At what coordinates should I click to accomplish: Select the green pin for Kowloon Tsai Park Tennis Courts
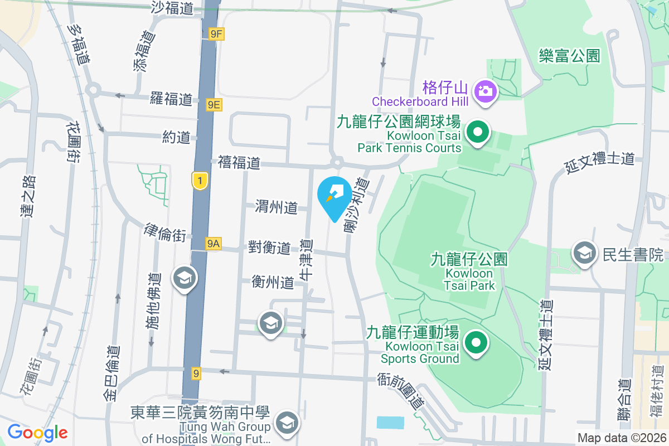click(x=477, y=133)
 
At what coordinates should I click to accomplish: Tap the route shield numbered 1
click(x=200, y=180)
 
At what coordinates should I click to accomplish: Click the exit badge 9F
click(x=216, y=35)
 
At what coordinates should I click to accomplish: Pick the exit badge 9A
click(x=213, y=244)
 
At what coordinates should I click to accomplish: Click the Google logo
click(x=37, y=433)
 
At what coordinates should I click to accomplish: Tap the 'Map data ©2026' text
click(x=621, y=438)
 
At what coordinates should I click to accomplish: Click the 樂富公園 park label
click(x=569, y=56)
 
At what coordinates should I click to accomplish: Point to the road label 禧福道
click(x=239, y=163)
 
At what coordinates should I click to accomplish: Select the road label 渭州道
click(x=276, y=207)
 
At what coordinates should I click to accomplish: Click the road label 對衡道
click(x=269, y=248)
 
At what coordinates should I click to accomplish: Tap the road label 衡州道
click(x=273, y=282)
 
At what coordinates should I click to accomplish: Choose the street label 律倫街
click(x=164, y=233)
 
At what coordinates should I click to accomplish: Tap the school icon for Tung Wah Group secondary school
click(x=287, y=423)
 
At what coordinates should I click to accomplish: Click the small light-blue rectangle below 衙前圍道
click(x=390, y=422)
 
